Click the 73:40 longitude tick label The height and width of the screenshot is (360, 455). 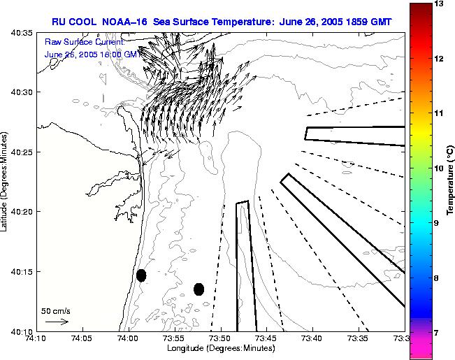click(x=312, y=339)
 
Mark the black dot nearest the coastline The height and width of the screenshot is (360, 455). click(x=141, y=275)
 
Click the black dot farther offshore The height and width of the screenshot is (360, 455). click(x=198, y=289)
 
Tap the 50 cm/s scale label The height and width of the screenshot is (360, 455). click(x=56, y=310)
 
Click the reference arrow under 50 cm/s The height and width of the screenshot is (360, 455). click(x=56, y=322)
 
